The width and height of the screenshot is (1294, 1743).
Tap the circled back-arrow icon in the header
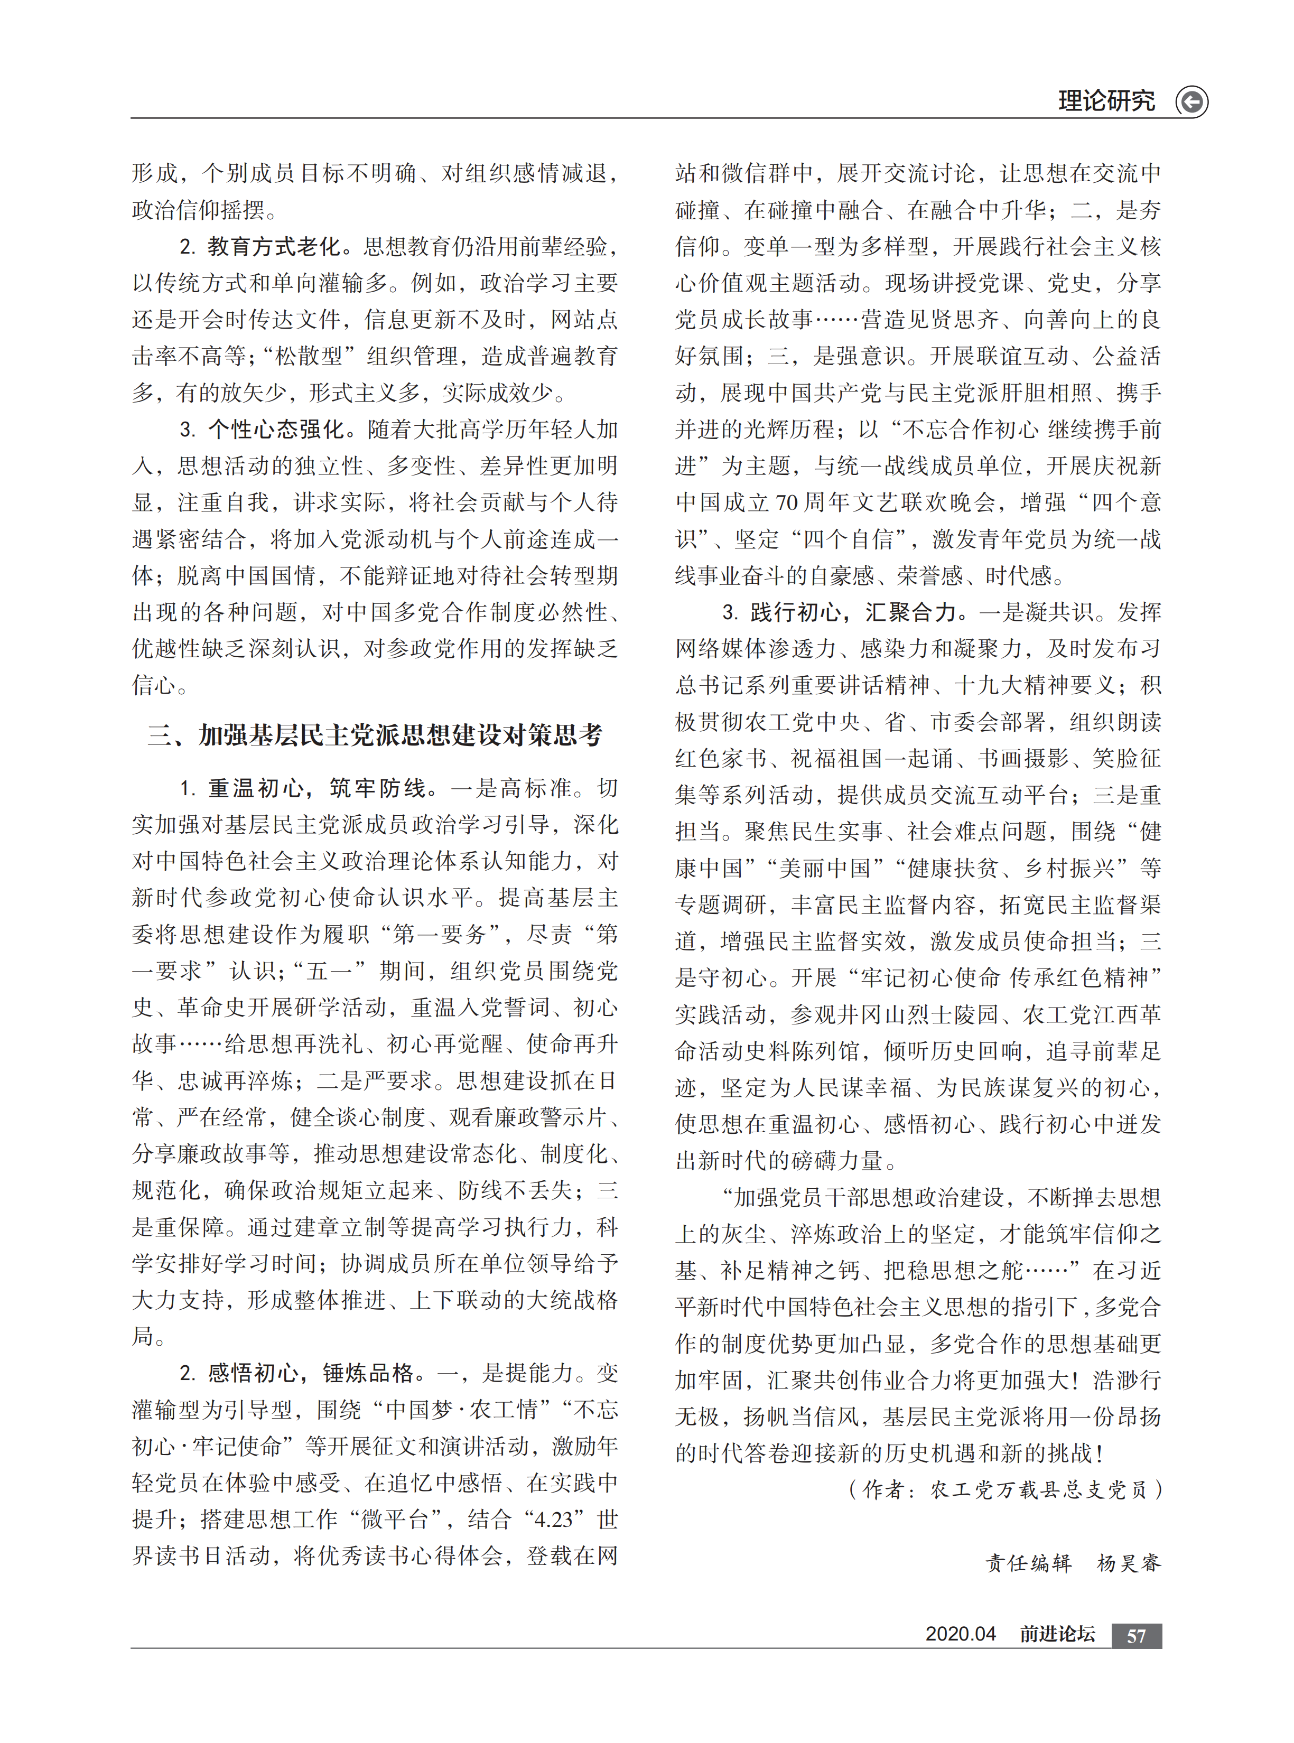coord(1191,102)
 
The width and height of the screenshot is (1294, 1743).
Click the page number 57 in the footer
coord(1136,1636)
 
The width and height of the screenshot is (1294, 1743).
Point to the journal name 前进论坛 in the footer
coord(1057,1634)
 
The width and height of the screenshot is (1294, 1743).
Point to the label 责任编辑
coord(1028,1563)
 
